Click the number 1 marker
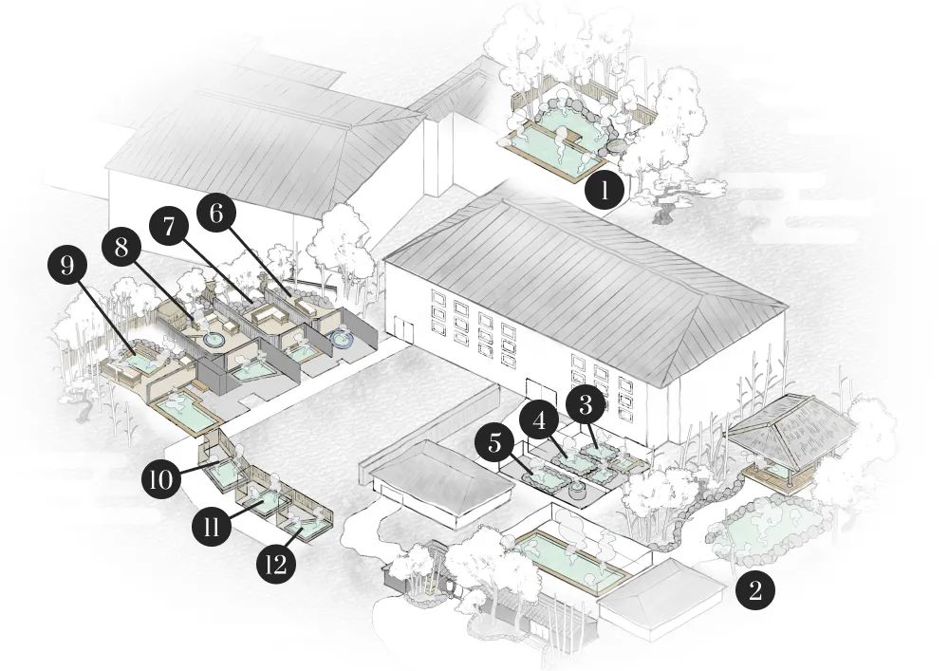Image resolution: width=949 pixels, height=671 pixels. click(604, 191)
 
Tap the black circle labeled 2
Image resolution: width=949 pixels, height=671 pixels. click(754, 589)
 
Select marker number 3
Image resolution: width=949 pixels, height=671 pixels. click(586, 406)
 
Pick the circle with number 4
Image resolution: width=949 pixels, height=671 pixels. click(541, 420)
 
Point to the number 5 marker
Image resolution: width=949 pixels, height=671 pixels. click(494, 443)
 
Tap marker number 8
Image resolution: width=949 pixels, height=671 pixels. click(121, 247)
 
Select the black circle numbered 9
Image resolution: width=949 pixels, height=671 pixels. click(67, 267)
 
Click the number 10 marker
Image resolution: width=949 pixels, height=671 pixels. click(161, 480)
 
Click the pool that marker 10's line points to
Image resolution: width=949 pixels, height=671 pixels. click(226, 471)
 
